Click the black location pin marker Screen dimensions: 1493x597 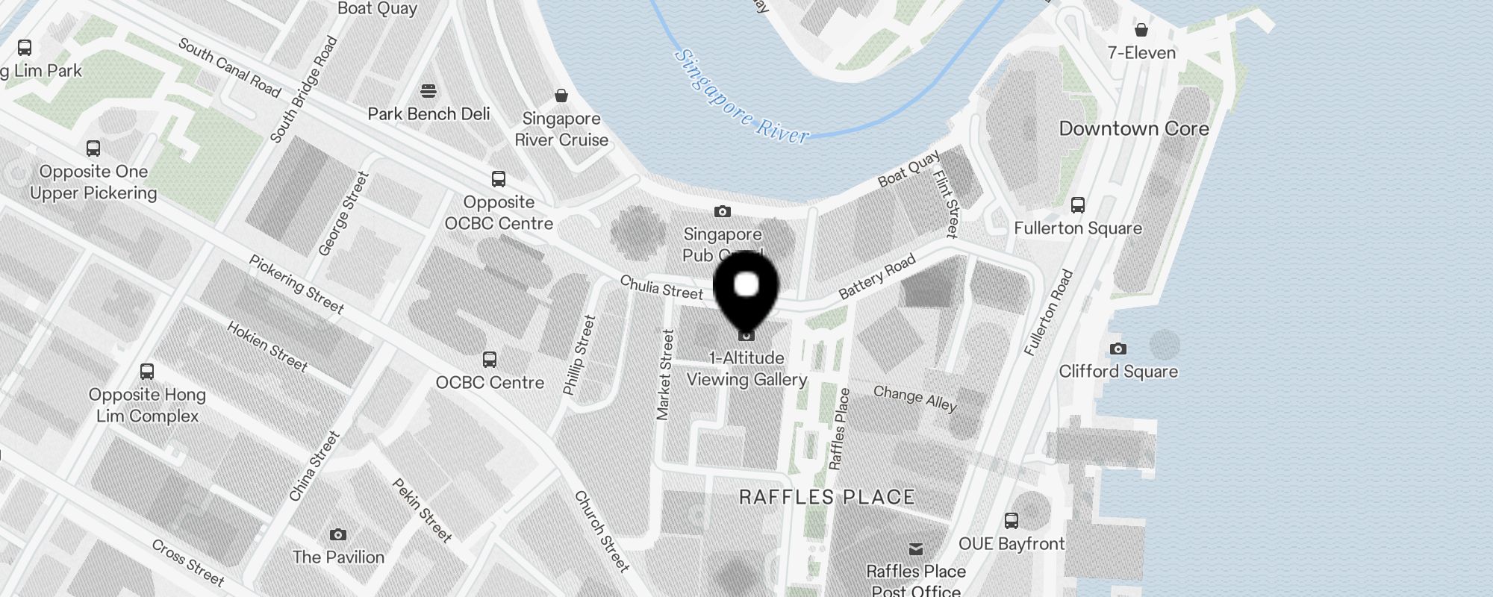coord(746,287)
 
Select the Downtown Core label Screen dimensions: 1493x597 coord(1133,128)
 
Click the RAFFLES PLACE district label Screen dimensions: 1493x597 coord(826,497)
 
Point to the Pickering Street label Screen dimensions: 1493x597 coord(296,284)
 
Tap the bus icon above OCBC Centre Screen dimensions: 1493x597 coord(490,360)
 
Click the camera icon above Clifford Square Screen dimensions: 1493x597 coord(1118,348)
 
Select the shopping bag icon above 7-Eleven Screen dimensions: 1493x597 coord(1141,30)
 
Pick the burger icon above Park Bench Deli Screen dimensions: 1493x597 coord(428,91)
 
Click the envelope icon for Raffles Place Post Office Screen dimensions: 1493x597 coord(916,549)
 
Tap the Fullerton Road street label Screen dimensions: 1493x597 coord(1048,312)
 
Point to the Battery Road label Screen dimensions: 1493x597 coord(876,277)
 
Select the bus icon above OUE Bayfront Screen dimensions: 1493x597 coord(1012,520)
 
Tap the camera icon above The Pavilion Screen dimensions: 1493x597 coord(338,534)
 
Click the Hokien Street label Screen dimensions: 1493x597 coord(267,346)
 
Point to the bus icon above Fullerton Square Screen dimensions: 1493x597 coord(1077,205)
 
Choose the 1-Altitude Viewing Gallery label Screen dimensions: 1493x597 coord(746,369)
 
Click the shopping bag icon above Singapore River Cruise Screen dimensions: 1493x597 coord(561,96)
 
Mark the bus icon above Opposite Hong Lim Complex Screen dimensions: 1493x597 coord(147,372)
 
